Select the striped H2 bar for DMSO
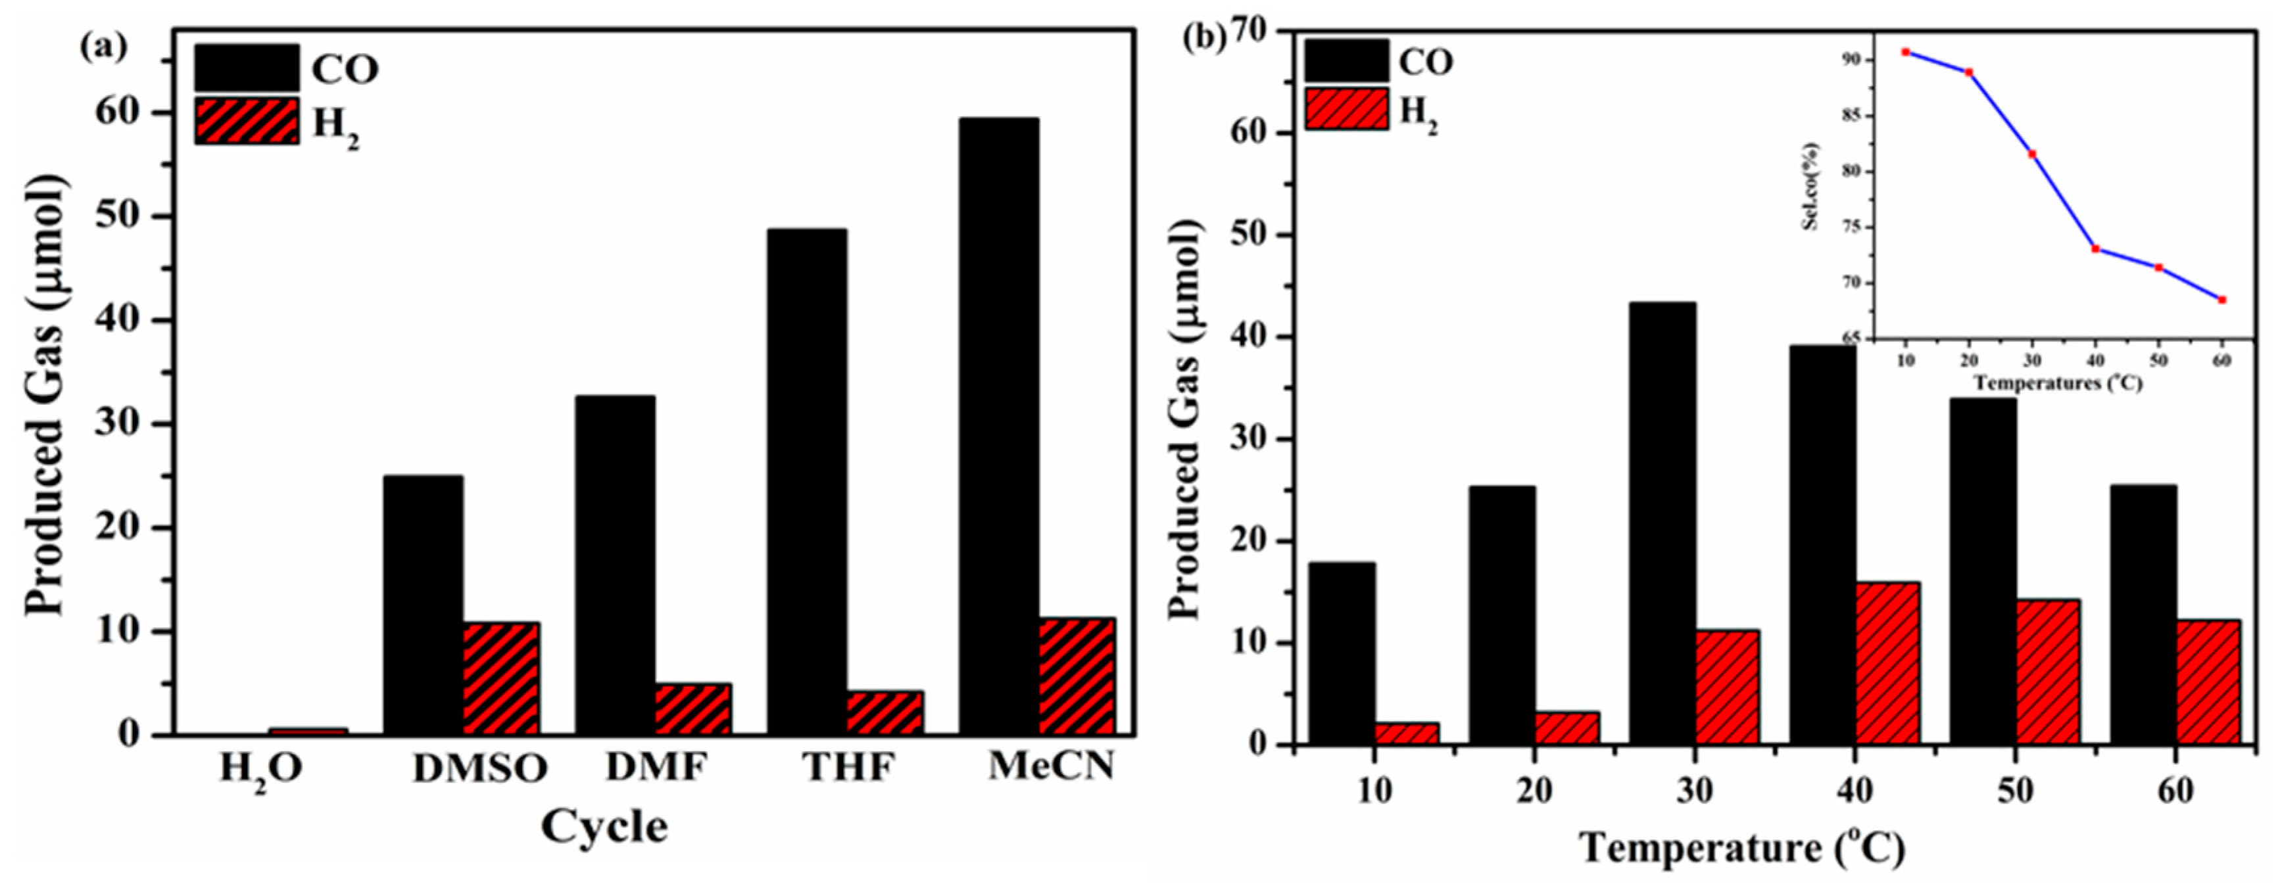pyautogui.click(x=500, y=678)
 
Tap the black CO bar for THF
pyautogui.click(x=806, y=481)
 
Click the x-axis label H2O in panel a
pyautogui.click(x=261, y=768)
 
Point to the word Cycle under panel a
pyautogui.click(x=604, y=828)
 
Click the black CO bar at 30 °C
pyautogui.click(x=1662, y=523)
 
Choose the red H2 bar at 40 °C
pyautogui.click(x=1887, y=663)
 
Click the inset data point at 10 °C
pyautogui.click(x=1906, y=52)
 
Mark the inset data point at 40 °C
pyautogui.click(x=2096, y=248)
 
